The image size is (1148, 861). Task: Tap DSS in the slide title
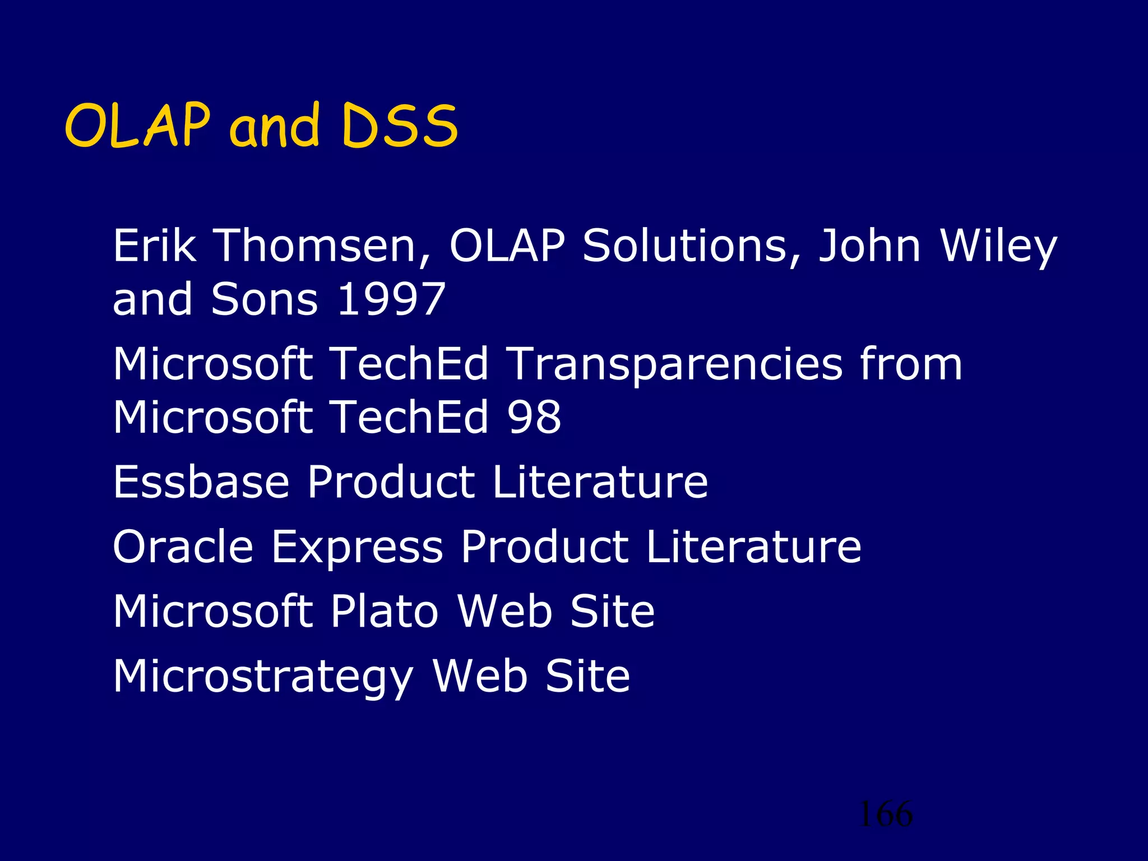point(400,127)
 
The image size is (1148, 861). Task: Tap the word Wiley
point(998,247)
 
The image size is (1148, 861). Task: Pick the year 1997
point(392,299)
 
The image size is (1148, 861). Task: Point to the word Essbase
point(201,482)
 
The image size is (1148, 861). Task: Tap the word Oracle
point(183,547)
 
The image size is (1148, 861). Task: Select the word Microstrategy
point(263,677)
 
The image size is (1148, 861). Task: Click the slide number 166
point(885,814)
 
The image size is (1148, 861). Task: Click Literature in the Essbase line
point(600,482)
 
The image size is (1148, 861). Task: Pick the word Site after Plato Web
point(612,611)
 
